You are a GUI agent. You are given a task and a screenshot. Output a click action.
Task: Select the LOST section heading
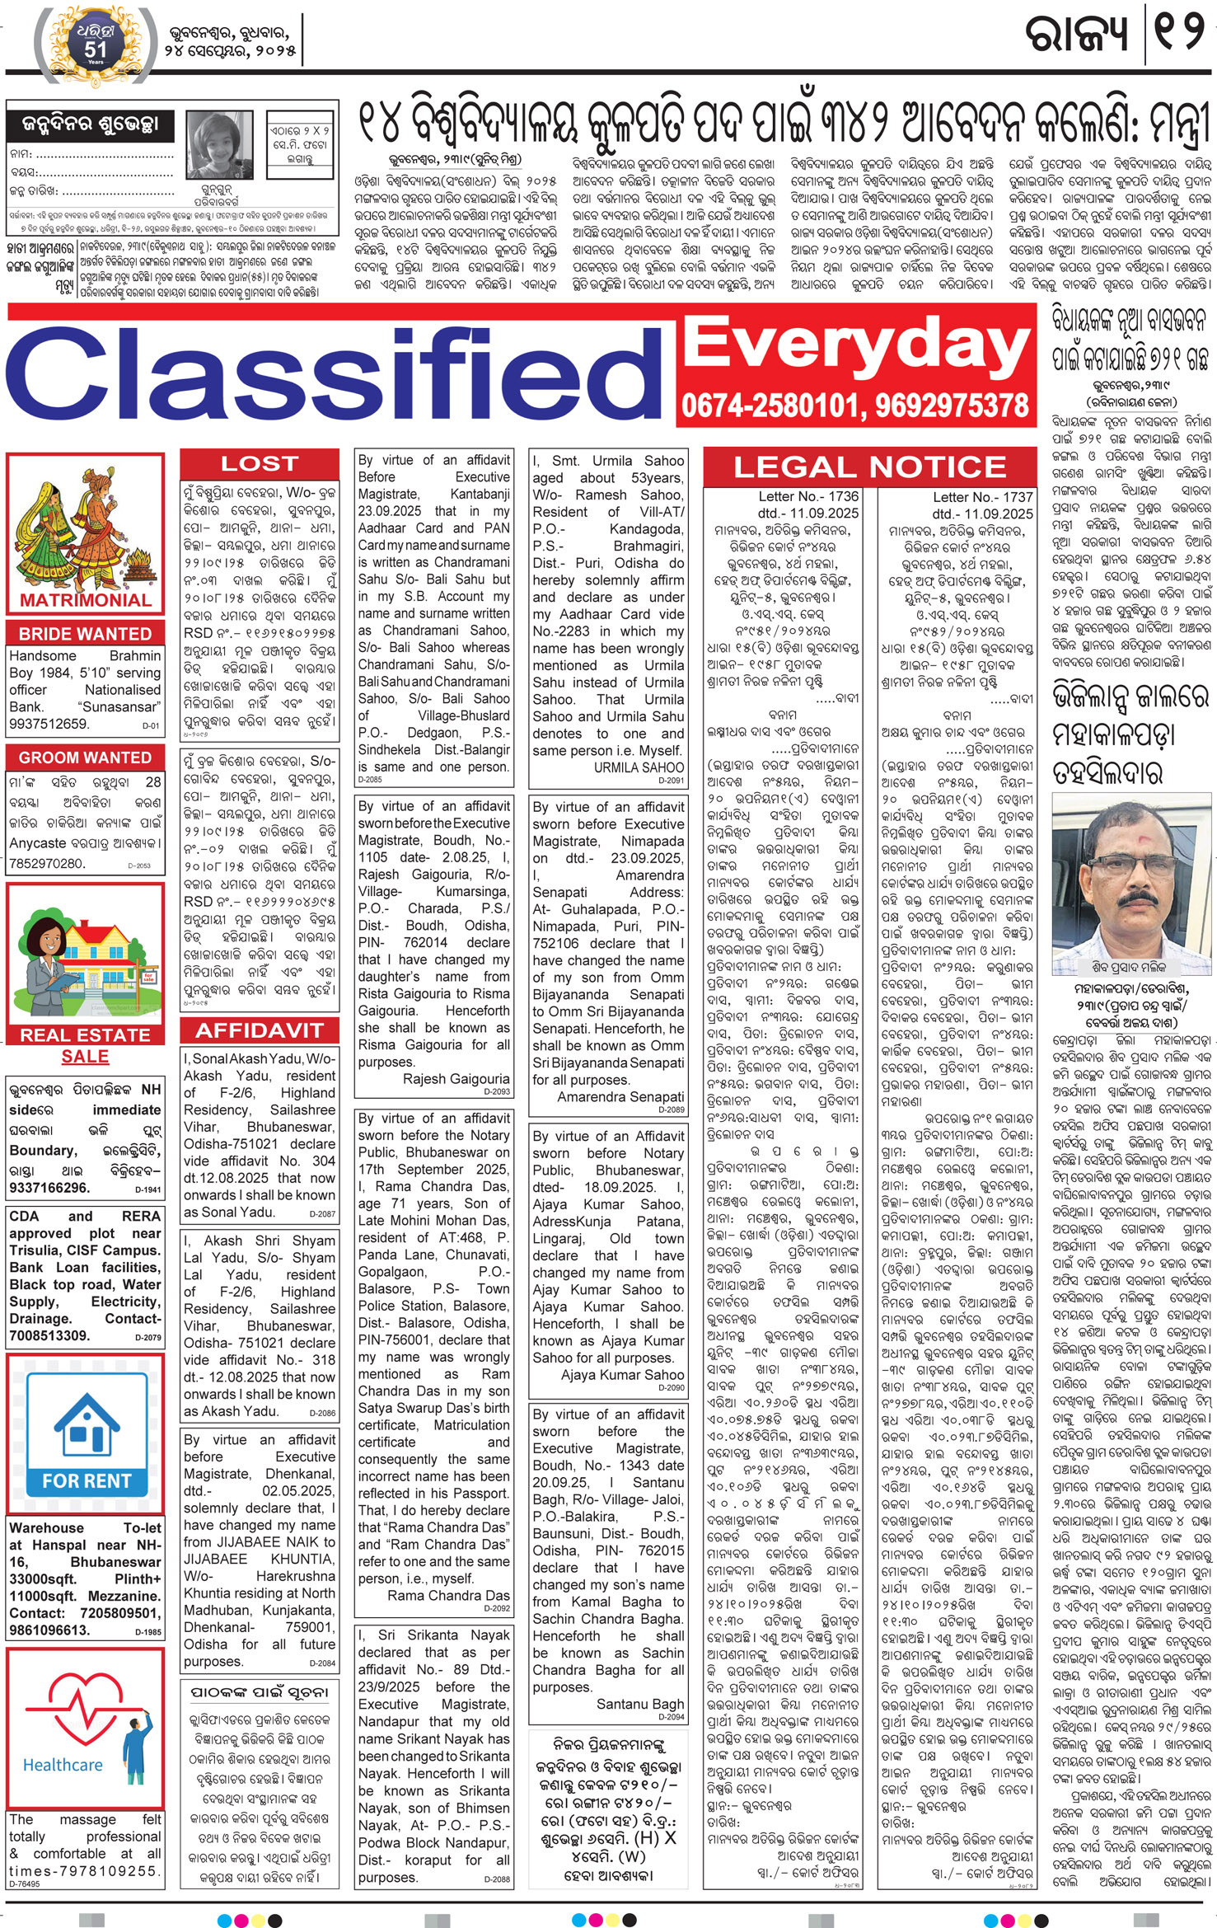point(259,464)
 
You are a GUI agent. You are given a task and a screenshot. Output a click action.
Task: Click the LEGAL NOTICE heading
point(869,467)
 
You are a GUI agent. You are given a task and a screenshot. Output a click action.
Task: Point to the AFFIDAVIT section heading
point(259,1030)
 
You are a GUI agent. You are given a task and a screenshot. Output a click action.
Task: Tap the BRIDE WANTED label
point(85,634)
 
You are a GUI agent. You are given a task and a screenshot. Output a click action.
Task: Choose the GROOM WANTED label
point(85,758)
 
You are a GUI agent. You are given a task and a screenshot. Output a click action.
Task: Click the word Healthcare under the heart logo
point(63,1765)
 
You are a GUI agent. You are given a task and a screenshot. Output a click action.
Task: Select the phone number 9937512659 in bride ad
point(49,724)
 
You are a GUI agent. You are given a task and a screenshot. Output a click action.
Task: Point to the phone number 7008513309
point(49,1335)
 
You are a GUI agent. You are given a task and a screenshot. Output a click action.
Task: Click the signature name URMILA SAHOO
point(639,767)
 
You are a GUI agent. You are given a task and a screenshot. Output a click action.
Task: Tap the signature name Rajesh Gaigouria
point(456,1078)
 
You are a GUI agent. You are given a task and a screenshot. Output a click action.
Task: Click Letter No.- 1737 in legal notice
point(982,497)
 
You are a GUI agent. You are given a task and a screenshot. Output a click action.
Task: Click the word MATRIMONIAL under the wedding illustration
point(86,600)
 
